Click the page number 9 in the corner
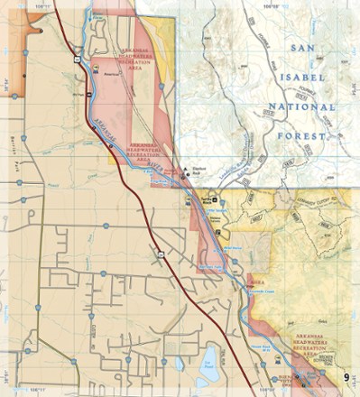coord(346,376)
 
